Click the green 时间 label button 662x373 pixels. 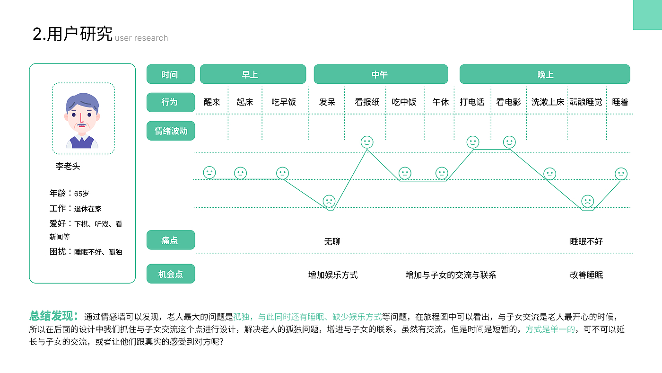coord(171,74)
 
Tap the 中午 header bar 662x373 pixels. coord(381,74)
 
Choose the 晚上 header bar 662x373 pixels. coord(545,74)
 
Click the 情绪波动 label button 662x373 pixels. coord(171,131)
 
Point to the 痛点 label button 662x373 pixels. coord(171,240)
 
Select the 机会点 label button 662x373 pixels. coord(171,274)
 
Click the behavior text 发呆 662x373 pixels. coord(327,102)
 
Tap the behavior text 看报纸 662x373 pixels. coord(367,102)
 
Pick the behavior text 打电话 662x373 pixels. coord(472,102)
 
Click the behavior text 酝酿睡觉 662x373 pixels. coord(586,102)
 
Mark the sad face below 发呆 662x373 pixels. coord(329,201)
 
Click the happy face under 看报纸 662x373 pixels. coord(367,142)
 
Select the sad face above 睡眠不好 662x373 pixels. coord(587,201)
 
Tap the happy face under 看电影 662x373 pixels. coord(509,142)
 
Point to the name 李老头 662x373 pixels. coord(68,166)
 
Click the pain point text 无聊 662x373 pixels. coord(332,241)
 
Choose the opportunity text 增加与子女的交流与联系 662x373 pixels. coord(451,275)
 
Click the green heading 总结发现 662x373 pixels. coord(53,316)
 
